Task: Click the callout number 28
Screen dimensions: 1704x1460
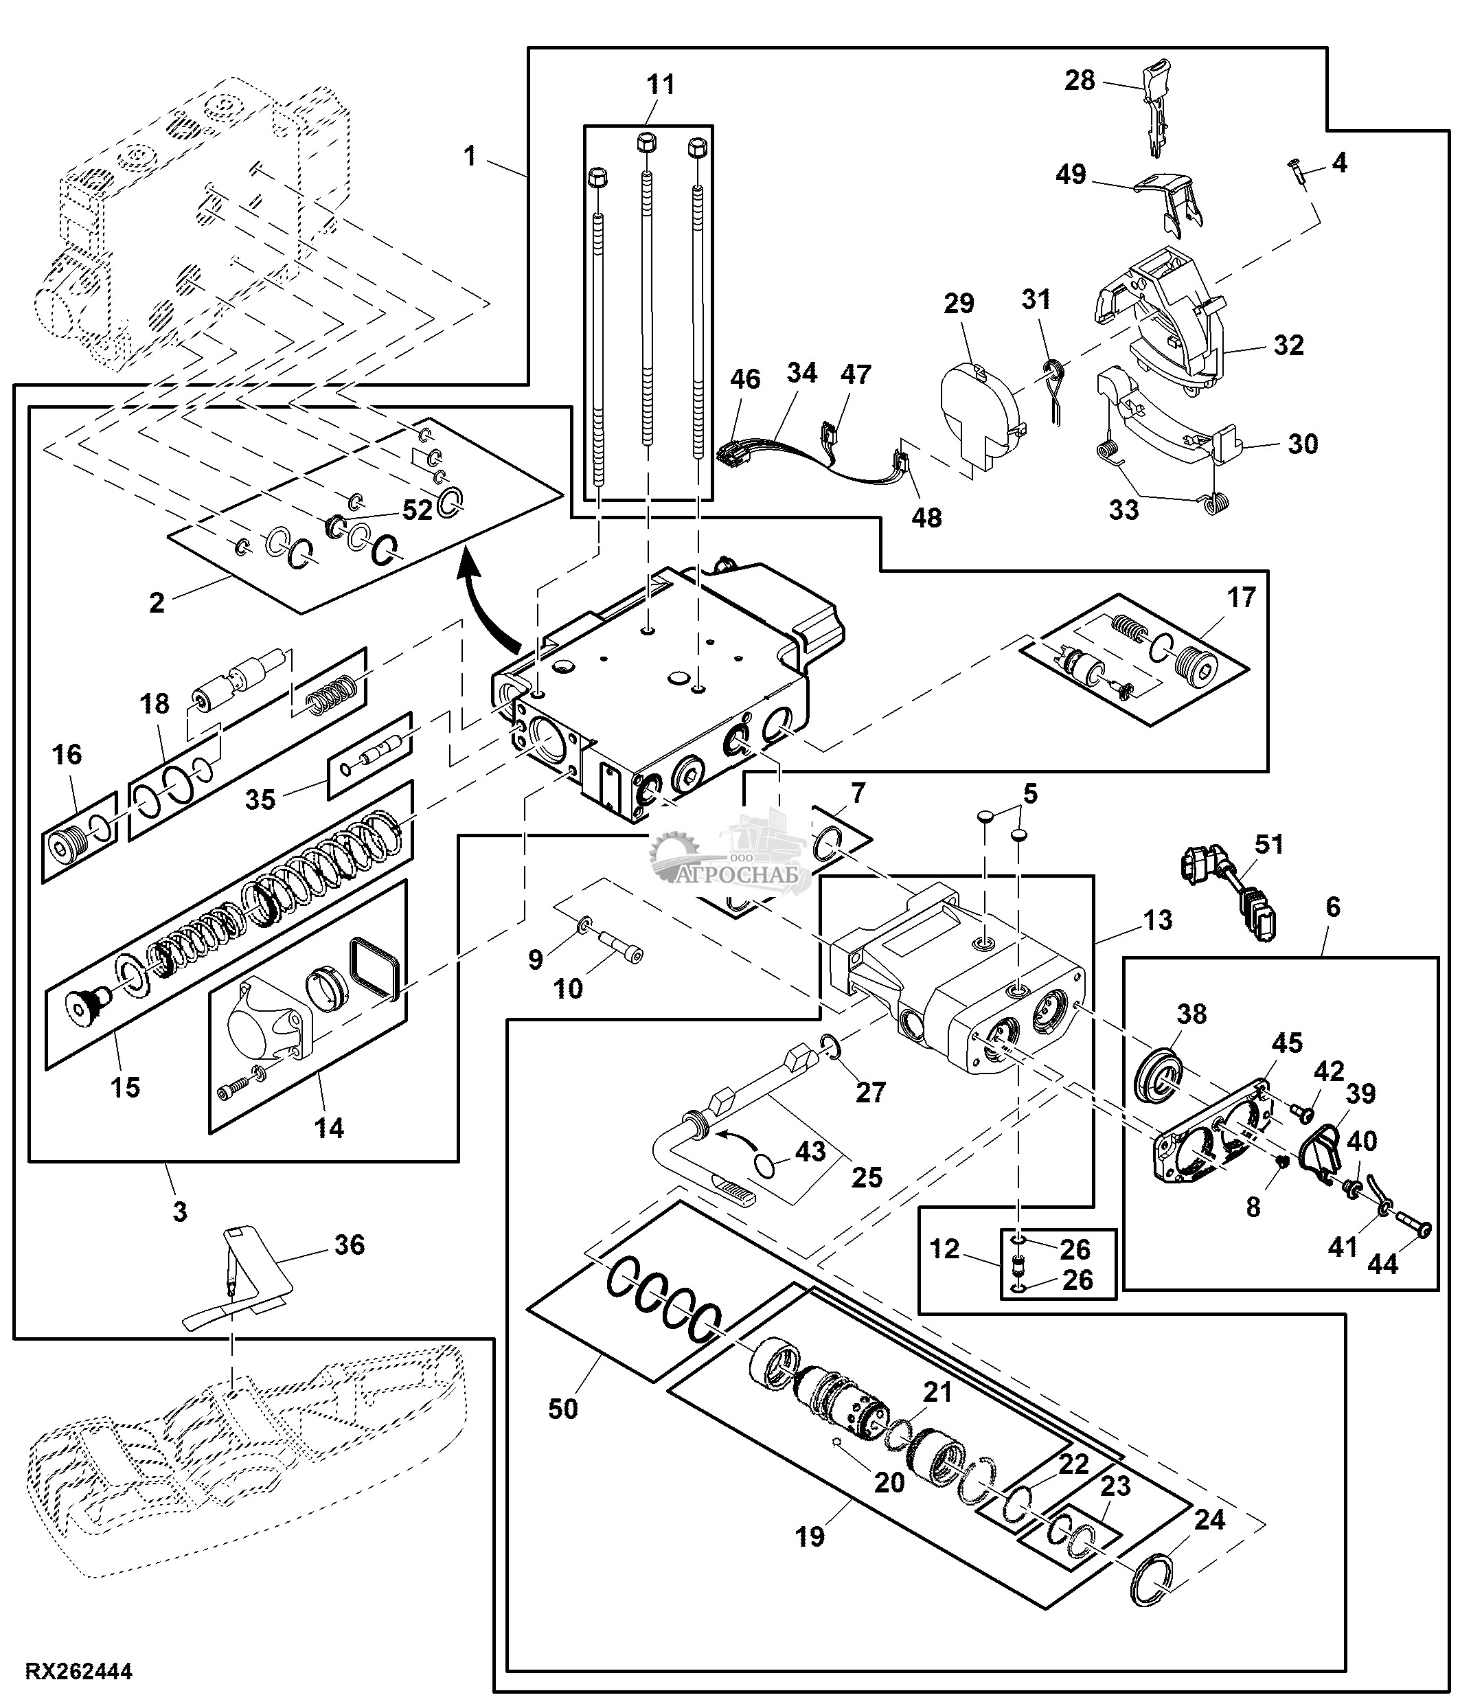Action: coord(1080,80)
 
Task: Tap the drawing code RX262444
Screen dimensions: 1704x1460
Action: coord(79,1671)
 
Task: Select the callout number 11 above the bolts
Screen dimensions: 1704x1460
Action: coord(660,84)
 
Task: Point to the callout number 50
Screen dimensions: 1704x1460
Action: coord(563,1409)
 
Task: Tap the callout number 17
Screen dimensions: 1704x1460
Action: coord(1242,597)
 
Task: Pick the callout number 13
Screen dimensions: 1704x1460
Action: coord(1157,920)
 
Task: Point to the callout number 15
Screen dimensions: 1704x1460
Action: coord(125,1087)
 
